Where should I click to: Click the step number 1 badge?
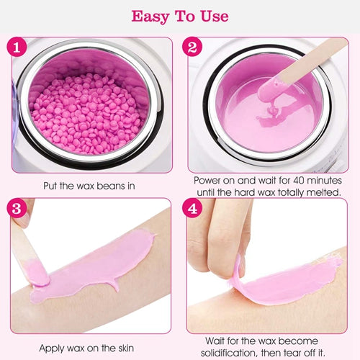[17, 47]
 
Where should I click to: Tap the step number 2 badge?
[192, 47]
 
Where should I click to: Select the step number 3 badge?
[17, 208]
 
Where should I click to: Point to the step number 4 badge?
[192, 208]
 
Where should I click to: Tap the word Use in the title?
[215, 16]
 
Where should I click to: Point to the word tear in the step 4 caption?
[293, 353]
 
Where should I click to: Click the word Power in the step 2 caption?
[207, 181]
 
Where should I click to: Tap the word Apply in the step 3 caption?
[52, 348]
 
